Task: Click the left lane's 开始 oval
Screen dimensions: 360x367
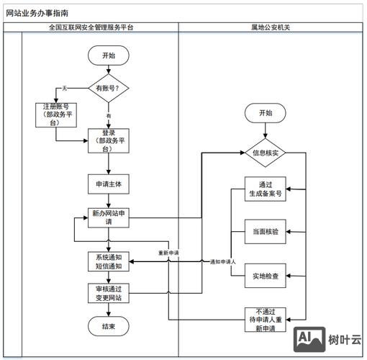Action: pyautogui.click(x=108, y=55)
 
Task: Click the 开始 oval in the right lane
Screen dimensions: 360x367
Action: pyautogui.click(x=265, y=113)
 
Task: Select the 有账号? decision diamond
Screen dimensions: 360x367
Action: pyautogui.click(x=108, y=88)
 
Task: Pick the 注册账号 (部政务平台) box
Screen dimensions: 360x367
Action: pyautogui.click(x=56, y=115)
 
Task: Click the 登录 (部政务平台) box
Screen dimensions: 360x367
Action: pyautogui.click(x=108, y=142)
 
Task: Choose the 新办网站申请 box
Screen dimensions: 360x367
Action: pyautogui.click(x=108, y=217)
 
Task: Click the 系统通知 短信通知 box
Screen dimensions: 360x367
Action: pyautogui.click(x=108, y=261)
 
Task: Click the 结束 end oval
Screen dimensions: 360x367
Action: pyautogui.click(x=108, y=326)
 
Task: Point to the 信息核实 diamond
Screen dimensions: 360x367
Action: pyautogui.click(x=265, y=153)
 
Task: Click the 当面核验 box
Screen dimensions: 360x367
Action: pyautogui.click(x=265, y=232)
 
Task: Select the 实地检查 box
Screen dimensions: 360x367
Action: pyautogui.click(x=265, y=275)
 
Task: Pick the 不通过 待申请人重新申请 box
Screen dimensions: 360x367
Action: pyautogui.click(x=265, y=319)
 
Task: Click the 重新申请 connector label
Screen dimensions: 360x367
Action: pyautogui.click(x=169, y=253)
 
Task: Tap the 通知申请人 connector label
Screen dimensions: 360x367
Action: pyautogui.click(x=223, y=261)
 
